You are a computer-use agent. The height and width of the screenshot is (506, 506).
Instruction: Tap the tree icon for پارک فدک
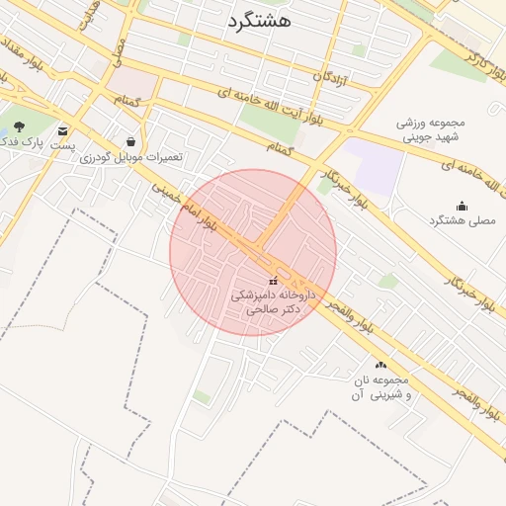pos(20,126)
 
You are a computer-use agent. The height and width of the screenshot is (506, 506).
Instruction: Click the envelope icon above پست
pos(63,130)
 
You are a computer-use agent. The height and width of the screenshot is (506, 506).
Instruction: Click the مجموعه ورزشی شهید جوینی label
pos(431,131)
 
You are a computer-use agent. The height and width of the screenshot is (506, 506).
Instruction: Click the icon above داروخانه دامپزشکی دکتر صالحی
pos(273,281)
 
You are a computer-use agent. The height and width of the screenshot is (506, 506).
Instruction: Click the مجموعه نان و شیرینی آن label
pos(375,388)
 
